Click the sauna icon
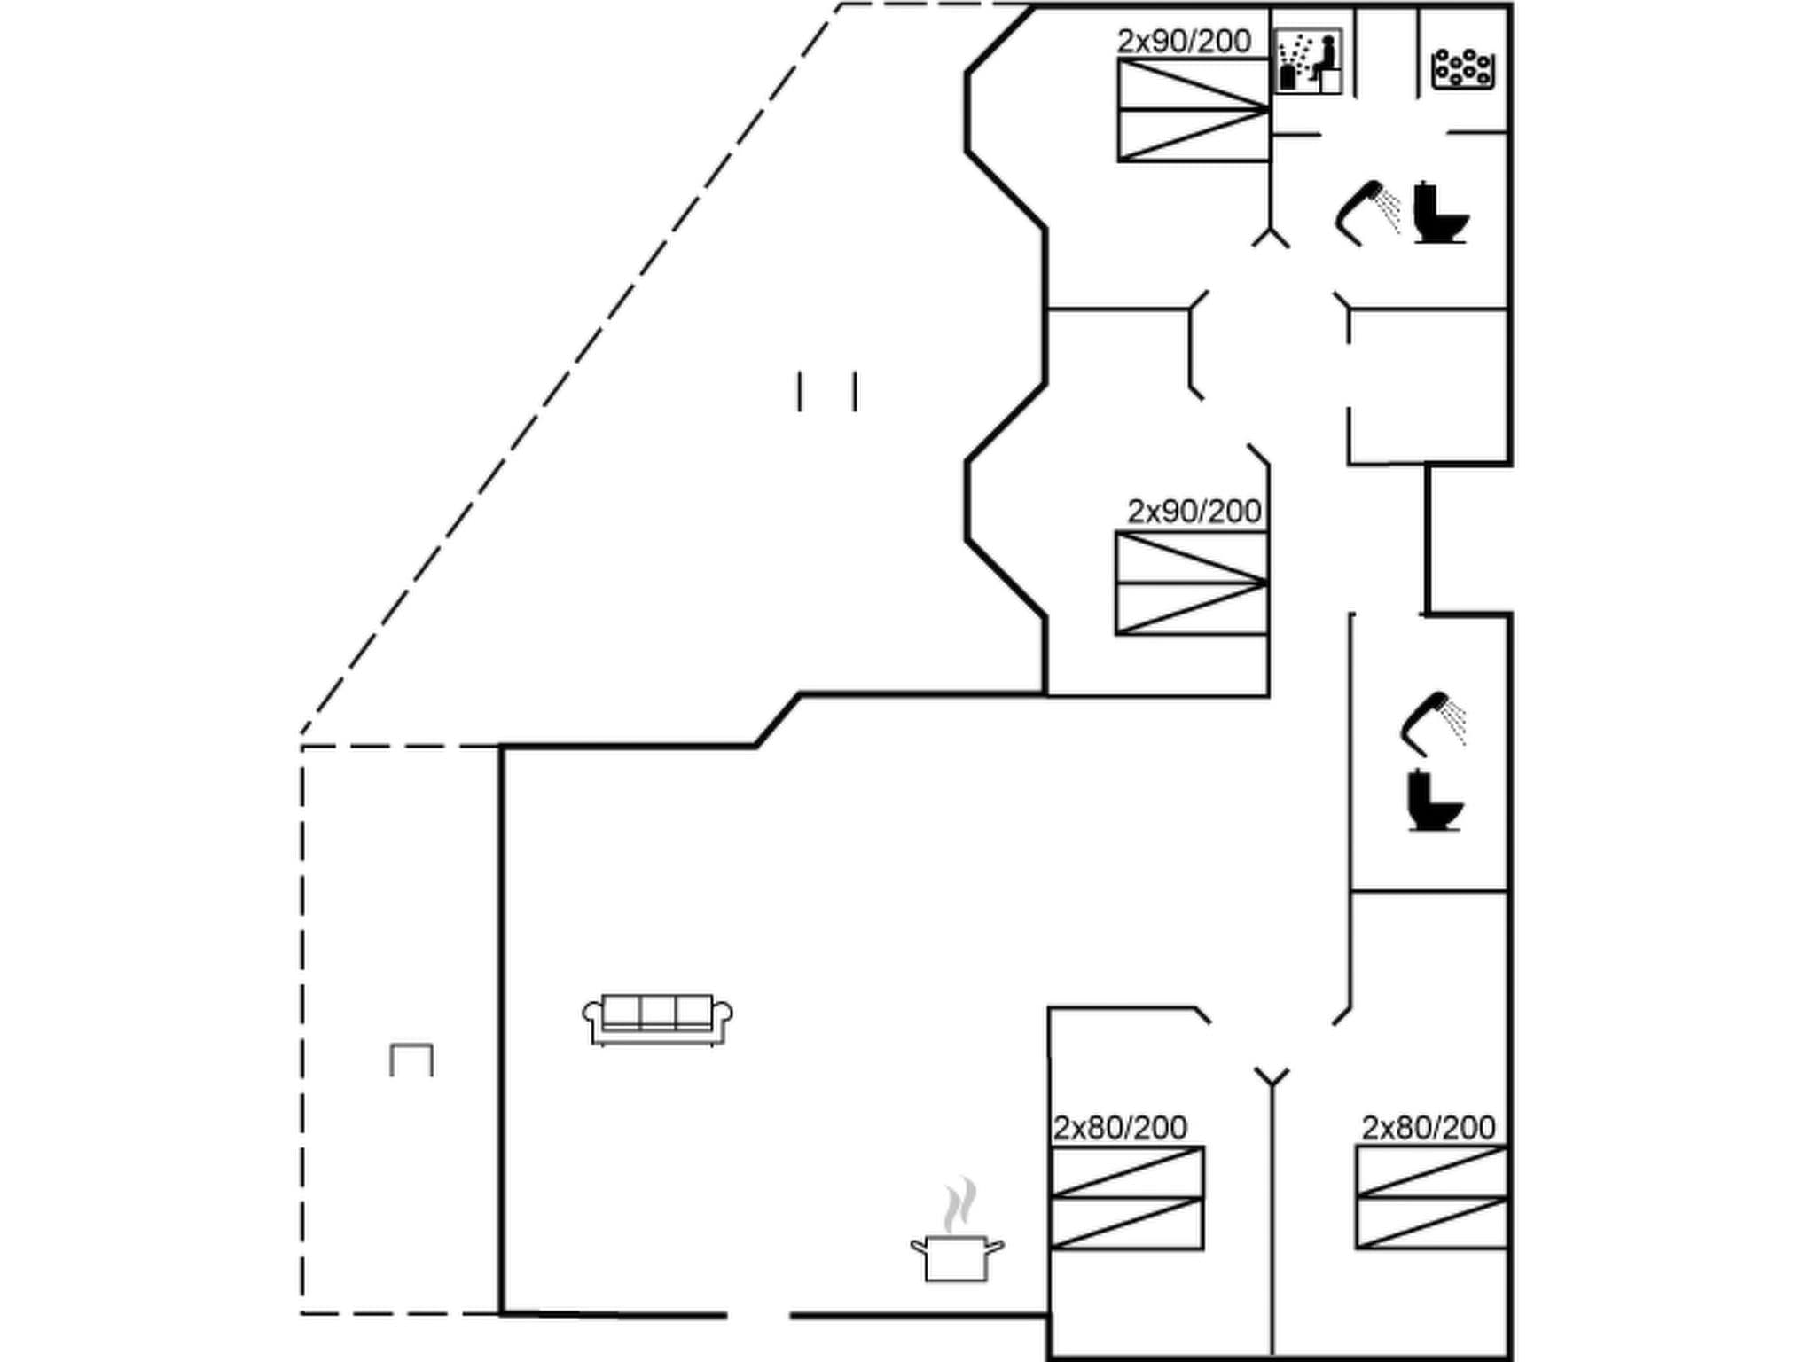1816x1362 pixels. (1308, 60)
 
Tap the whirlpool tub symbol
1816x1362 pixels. (1463, 68)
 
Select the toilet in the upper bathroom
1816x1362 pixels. (1438, 213)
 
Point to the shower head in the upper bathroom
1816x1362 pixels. (1366, 211)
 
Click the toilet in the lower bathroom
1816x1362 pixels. (1434, 801)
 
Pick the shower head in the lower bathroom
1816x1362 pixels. (1430, 721)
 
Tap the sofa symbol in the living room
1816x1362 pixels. (657, 1019)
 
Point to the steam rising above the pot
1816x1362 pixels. (959, 1206)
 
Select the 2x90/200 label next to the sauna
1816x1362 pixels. (1184, 41)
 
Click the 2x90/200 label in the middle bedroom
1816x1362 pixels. (1194, 511)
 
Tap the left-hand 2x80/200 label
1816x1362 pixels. (1120, 1127)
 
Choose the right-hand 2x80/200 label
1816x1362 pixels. (1429, 1127)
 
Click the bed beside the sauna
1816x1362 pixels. (1194, 110)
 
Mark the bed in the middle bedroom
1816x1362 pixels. (1192, 583)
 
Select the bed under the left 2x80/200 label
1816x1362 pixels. (1127, 1198)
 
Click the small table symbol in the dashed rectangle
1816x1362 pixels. (411, 1060)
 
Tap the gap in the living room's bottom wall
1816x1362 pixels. (759, 1315)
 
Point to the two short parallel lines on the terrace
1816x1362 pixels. (827, 391)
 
